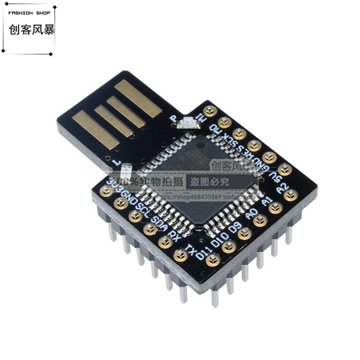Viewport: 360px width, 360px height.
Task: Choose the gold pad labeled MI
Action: (x=209, y=111)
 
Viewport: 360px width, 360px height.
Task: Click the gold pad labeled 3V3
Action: (x=106, y=191)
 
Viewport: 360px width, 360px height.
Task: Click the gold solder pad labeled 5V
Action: (x=284, y=169)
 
